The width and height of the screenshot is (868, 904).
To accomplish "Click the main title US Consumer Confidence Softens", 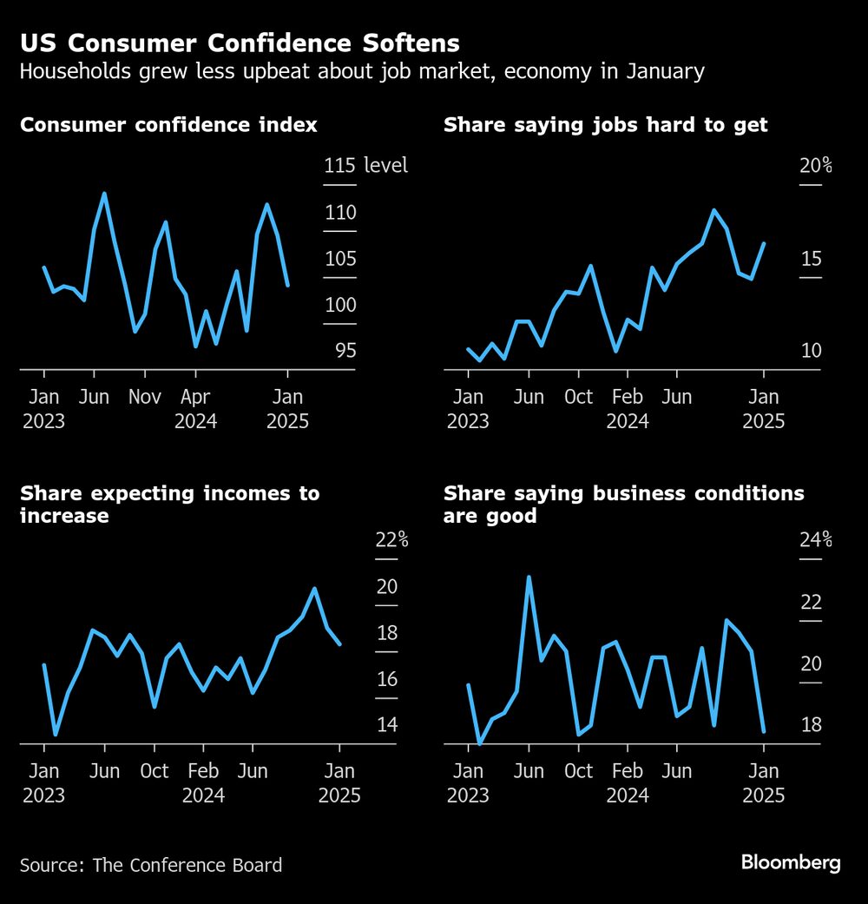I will coord(240,43).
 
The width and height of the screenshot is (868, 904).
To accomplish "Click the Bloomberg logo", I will coord(790,862).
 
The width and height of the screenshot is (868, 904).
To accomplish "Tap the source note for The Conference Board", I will coord(151,865).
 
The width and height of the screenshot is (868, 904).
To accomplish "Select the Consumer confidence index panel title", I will coord(168,125).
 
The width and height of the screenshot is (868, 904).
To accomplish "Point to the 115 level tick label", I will coord(339,165).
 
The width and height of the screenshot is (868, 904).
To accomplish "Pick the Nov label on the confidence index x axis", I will coord(145,397).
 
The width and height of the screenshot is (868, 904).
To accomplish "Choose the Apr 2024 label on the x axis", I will coord(195,409).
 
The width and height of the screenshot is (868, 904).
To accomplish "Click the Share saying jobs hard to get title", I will coord(605,125).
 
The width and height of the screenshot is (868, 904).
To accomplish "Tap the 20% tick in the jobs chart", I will coord(815,165).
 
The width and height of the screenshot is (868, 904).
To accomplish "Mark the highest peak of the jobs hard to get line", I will coord(713,210).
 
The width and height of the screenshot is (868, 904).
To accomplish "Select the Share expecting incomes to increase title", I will coord(169,505).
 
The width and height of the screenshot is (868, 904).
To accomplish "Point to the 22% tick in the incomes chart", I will coord(391,539).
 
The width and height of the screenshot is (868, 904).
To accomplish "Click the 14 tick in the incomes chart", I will coord(386,724).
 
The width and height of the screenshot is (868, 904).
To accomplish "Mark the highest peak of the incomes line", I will coord(315,589).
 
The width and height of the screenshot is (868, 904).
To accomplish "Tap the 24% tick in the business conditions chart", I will coord(815,540).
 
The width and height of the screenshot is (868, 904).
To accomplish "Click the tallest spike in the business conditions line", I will coord(529,577).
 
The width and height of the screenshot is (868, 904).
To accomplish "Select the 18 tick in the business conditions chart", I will coord(810,725).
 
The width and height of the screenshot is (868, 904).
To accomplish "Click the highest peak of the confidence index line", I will coord(104,194).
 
